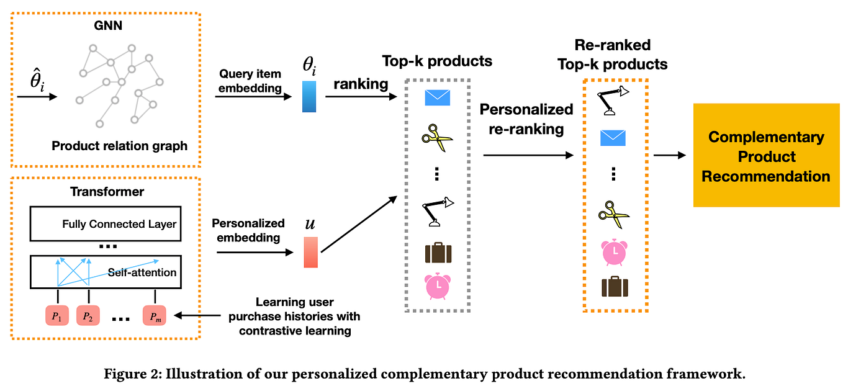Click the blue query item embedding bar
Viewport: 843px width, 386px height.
[x=309, y=97]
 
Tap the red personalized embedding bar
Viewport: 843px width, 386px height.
[x=311, y=252]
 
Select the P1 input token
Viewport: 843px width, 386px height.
[x=57, y=316]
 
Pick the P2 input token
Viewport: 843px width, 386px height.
[x=88, y=316]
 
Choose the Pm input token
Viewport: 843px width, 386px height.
[x=155, y=316]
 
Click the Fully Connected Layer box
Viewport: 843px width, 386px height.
[x=106, y=224]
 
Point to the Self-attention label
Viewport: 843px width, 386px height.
[x=142, y=272]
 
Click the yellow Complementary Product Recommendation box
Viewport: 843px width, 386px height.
[x=766, y=155]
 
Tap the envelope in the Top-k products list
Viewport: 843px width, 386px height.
[x=437, y=98]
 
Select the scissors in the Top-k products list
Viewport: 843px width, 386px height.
[x=437, y=138]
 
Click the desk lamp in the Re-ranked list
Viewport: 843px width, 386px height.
[x=613, y=101]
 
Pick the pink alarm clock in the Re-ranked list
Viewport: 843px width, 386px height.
[x=614, y=252]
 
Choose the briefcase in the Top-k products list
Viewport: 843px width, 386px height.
[x=438, y=253]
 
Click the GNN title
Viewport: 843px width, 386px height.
[x=108, y=25]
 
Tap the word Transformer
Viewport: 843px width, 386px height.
[x=107, y=192]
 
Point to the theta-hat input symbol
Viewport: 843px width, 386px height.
[x=37, y=80]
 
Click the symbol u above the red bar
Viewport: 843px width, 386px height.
[x=310, y=224]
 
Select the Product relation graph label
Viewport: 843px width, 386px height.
[x=119, y=146]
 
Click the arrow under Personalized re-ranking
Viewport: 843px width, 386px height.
[x=528, y=155]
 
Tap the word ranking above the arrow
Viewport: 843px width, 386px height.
[x=361, y=84]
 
